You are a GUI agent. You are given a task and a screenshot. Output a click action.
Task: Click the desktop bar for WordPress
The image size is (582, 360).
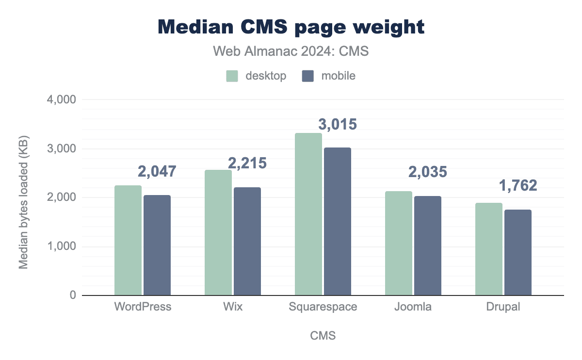(128, 240)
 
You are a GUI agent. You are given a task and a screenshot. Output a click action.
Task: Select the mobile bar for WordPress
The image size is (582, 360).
(157, 245)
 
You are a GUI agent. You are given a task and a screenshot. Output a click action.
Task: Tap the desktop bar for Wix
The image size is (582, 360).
(218, 232)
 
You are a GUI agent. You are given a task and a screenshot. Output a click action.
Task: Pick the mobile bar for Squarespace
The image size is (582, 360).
(338, 221)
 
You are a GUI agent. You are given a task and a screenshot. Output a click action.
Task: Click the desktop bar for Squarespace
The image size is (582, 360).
(308, 214)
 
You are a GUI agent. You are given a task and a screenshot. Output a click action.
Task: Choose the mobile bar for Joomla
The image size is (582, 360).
(428, 245)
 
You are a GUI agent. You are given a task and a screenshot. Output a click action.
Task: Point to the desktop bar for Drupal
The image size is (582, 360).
(489, 249)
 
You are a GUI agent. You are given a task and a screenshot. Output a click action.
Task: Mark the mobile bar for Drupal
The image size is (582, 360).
(518, 252)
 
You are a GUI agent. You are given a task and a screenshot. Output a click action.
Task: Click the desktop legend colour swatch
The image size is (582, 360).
(232, 76)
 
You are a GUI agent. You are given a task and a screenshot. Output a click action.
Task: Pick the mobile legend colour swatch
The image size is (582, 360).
(308, 76)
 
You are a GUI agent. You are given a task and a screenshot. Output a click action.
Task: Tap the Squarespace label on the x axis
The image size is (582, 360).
(323, 307)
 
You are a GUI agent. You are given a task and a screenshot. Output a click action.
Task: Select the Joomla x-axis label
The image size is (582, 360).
(413, 307)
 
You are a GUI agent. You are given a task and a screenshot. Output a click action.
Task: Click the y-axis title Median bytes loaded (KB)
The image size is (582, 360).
(23, 197)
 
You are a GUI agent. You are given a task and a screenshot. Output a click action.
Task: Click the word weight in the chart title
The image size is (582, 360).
(386, 27)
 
